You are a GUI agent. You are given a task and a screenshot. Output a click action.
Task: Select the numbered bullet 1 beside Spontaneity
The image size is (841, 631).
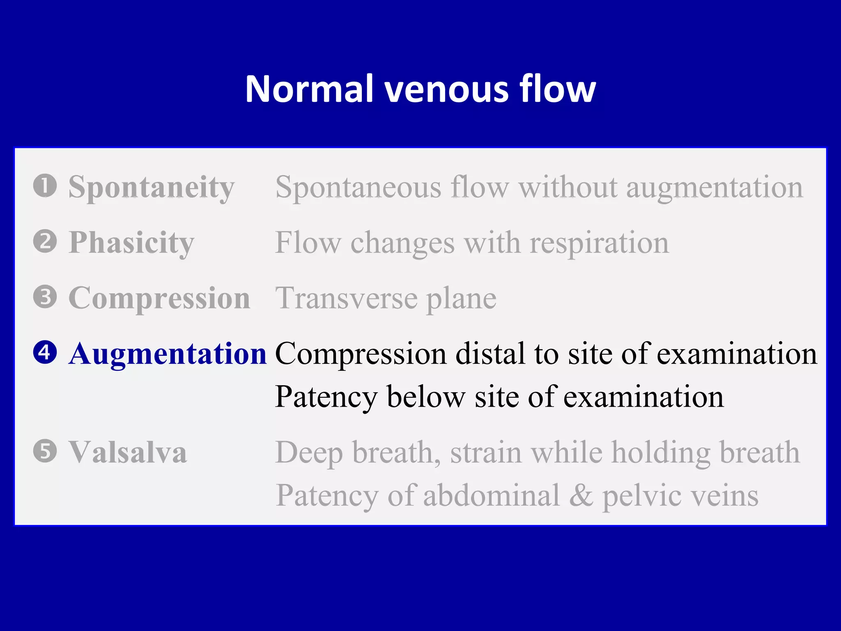click(45, 186)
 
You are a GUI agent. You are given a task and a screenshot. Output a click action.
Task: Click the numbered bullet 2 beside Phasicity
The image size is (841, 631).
click(45, 242)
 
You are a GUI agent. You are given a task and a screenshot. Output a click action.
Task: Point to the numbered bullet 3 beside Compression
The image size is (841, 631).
click(45, 297)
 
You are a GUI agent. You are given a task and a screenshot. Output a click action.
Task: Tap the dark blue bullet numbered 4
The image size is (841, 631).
click(45, 353)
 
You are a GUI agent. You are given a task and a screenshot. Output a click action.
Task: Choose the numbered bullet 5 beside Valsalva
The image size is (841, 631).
click(45, 451)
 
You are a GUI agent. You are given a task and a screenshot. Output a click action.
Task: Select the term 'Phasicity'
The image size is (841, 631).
click(131, 243)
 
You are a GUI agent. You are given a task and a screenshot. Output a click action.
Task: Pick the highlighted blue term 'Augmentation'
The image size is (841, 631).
click(168, 354)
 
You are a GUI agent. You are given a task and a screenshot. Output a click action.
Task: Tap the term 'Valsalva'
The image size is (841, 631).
click(128, 452)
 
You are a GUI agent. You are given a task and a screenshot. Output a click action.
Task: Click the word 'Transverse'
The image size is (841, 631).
click(347, 298)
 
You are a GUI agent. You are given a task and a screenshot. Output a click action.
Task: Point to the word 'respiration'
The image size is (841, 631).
click(599, 243)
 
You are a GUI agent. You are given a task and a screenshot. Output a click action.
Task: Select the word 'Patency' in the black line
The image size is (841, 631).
click(326, 397)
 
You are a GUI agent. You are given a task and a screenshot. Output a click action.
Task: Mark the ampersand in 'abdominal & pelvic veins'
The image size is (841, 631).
click(581, 495)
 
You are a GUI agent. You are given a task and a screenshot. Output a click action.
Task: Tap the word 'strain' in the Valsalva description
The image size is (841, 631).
click(486, 453)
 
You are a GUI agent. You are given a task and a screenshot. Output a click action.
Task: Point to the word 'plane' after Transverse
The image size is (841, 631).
click(461, 299)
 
